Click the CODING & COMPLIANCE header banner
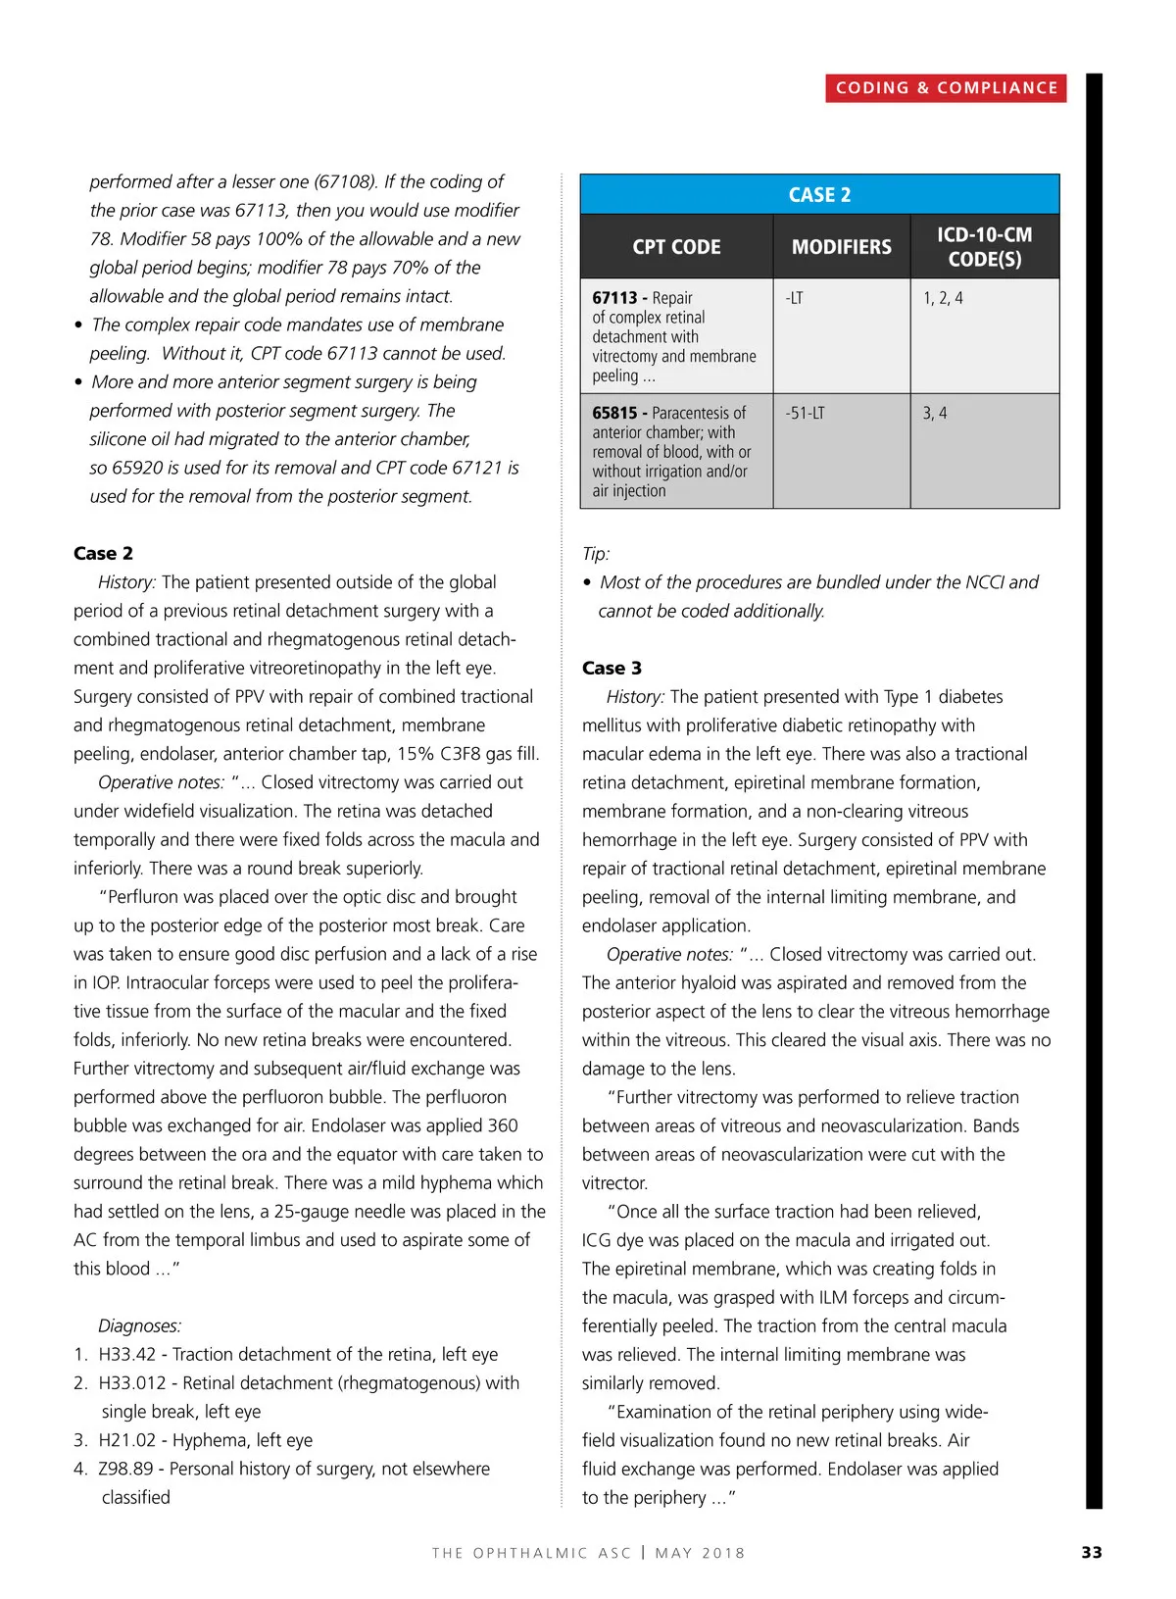946,88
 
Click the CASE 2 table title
819,195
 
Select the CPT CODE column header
676,247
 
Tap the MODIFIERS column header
842,247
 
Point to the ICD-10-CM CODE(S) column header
984,247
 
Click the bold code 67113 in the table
614,298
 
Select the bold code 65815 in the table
614,414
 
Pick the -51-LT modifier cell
805,414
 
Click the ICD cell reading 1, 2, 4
943,298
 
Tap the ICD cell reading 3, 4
935,414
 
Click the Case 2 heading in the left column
103,554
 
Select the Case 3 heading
612,669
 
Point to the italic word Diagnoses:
140,1326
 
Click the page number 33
1092,1553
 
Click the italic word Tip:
596,554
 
